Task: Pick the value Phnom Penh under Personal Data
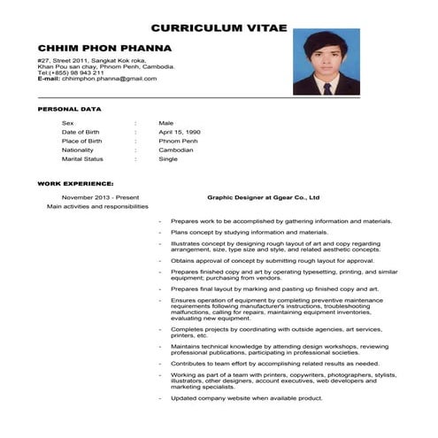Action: (x=178, y=141)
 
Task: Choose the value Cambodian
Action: (x=176, y=150)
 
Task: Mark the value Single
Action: (x=168, y=158)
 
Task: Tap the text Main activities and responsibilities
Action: (x=97, y=206)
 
